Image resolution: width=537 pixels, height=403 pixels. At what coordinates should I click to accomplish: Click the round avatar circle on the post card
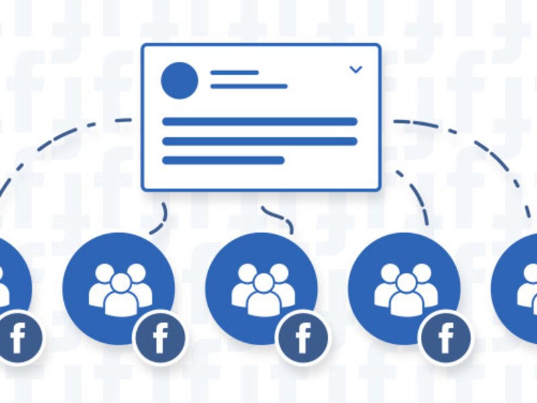[x=179, y=80]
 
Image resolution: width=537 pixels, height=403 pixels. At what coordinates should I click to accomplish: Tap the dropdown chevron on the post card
[x=356, y=69]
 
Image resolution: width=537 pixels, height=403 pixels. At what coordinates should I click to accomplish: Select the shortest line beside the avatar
[x=234, y=72]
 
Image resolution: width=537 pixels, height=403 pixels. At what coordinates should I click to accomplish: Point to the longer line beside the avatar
[x=248, y=86]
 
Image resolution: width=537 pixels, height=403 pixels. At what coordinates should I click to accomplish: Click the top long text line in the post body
[x=260, y=122]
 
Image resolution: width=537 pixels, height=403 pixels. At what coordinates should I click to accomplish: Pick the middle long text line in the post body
[x=260, y=141]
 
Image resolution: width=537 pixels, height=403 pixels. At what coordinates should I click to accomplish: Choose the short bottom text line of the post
[x=224, y=160]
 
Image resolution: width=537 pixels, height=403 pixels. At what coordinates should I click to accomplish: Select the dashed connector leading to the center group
[x=279, y=216]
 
